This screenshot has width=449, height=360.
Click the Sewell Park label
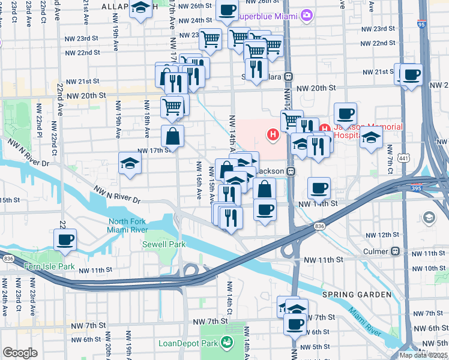click(163, 244)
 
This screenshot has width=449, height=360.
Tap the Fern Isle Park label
click(49, 266)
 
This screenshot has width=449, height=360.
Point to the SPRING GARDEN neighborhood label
click(352, 295)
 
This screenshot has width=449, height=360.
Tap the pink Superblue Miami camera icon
click(308, 14)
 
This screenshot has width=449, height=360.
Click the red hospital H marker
click(274, 135)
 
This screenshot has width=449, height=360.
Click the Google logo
click(20, 353)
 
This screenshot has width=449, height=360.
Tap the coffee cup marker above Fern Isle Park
click(65, 241)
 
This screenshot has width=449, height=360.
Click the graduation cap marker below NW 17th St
click(130, 164)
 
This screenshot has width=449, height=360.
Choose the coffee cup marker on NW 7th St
click(295, 325)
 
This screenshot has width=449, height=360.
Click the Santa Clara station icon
click(289, 76)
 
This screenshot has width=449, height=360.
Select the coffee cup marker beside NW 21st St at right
click(412, 76)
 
